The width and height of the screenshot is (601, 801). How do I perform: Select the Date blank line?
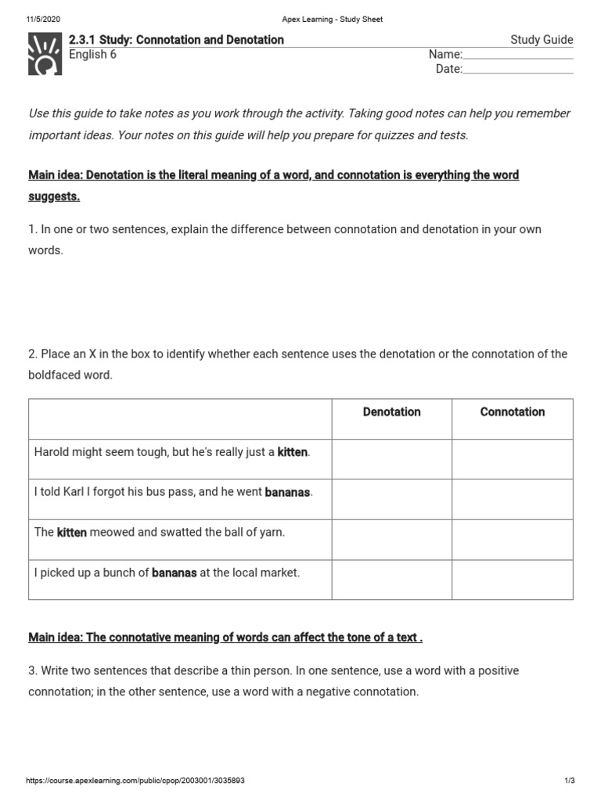coord(518,70)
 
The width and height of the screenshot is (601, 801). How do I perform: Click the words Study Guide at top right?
coord(542,40)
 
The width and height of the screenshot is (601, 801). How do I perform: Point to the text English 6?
coord(92,55)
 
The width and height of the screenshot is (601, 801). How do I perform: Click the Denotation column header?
coord(391,412)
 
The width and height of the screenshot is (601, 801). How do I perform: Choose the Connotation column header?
coord(513,412)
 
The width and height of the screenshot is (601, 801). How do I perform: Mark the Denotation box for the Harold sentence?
coord(391,459)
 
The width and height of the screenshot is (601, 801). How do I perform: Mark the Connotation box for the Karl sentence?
coord(513,499)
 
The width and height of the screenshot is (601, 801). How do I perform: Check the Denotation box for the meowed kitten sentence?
coord(391,540)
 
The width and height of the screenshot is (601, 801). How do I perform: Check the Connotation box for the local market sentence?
coord(513,580)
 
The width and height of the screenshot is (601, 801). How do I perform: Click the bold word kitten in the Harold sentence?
coord(293,453)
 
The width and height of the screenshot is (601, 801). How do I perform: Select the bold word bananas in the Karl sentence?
coord(288,493)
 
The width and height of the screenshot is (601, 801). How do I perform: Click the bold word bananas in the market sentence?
coord(174,573)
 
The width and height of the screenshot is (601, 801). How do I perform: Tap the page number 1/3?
coord(569,781)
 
